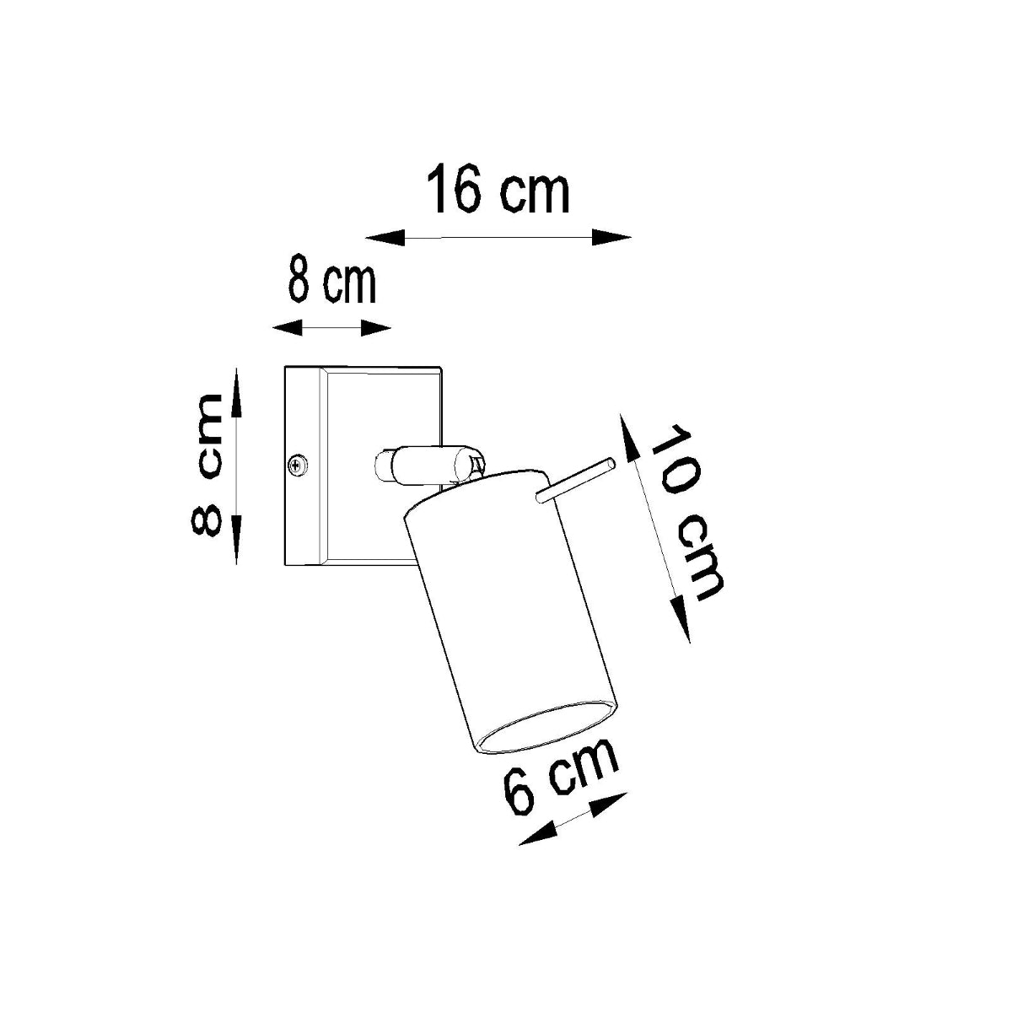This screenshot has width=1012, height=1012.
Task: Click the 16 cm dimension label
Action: coord(498,191)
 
